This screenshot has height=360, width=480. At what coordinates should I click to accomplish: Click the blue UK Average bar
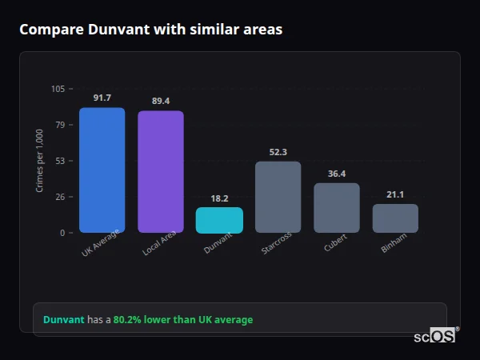[x=102, y=170]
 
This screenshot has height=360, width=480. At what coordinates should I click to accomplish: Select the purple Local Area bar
[x=161, y=172]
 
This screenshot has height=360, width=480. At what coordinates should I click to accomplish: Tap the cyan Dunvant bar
[x=219, y=220]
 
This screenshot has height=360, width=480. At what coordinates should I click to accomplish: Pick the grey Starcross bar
[x=278, y=197]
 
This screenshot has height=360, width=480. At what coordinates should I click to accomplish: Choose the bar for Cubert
[x=337, y=208]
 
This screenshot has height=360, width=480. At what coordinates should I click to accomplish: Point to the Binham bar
[x=395, y=218]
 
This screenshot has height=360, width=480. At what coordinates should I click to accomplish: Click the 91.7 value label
[x=102, y=98]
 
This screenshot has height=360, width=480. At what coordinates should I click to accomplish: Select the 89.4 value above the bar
[x=161, y=101]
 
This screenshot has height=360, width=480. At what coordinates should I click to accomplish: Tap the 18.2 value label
[x=219, y=198]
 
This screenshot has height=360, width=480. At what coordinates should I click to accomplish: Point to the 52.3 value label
[x=278, y=152]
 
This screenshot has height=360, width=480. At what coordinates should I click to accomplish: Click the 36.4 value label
[x=337, y=174]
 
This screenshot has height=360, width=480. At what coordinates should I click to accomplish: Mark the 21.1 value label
[x=395, y=194]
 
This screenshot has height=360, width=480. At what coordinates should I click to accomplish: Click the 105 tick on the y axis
[x=58, y=89]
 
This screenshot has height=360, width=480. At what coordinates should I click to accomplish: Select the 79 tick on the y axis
[x=61, y=125]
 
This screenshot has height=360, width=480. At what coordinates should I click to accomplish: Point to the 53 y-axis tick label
[x=61, y=161]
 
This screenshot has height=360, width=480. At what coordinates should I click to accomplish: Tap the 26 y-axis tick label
[x=61, y=197]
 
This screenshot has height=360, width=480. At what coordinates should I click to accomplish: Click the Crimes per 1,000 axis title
[x=40, y=161]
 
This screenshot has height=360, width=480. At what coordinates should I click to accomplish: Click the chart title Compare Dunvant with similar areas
[x=150, y=30]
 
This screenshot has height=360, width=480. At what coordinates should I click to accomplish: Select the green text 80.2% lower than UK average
[x=183, y=320]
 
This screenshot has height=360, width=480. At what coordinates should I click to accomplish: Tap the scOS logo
[x=435, y=336]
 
